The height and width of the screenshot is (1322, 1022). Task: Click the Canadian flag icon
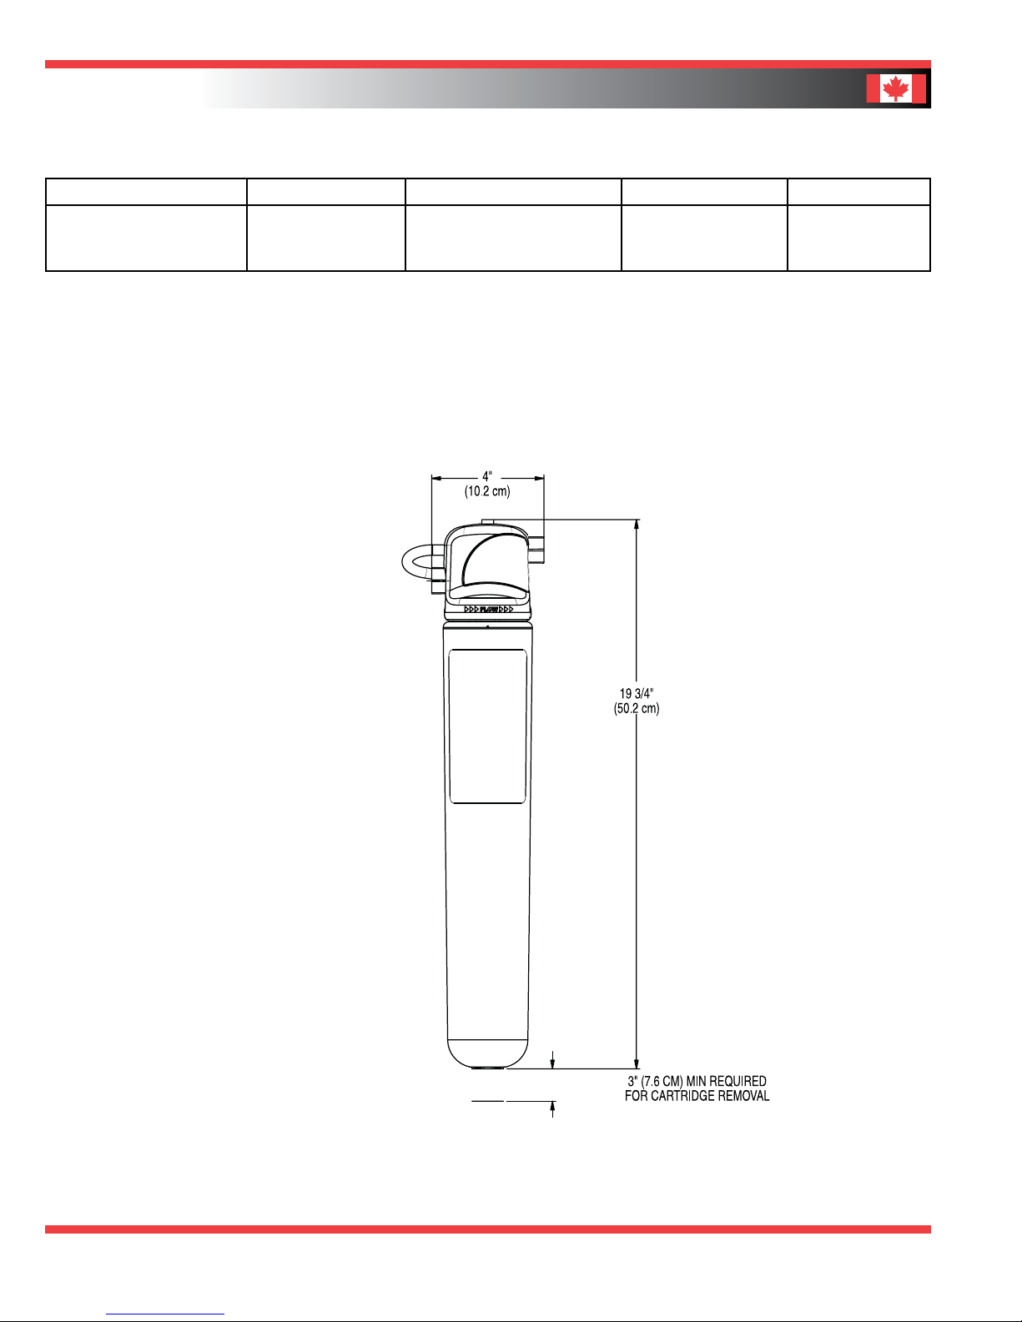click(895, 88)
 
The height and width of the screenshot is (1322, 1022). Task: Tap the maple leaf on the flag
click(895, 88)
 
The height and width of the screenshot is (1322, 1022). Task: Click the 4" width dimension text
click(487, 476)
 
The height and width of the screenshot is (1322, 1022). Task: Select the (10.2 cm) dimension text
click(487, 491)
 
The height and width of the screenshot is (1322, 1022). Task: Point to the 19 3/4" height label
click(637, 694)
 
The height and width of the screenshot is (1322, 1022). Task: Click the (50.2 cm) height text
click(637, 708)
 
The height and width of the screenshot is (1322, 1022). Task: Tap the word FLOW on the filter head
click(489, 609)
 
